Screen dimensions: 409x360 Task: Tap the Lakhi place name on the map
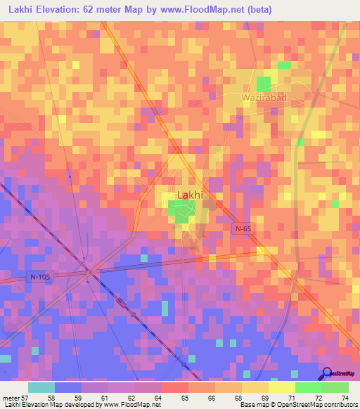(188, 195)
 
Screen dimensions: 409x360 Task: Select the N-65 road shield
(243, 228)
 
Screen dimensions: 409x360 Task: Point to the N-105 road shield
(40, 277)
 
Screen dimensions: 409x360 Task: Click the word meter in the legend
(11, 398)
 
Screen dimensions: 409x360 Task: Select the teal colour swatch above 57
(41, 387)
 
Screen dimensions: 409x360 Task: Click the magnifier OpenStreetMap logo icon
(326, 375)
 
